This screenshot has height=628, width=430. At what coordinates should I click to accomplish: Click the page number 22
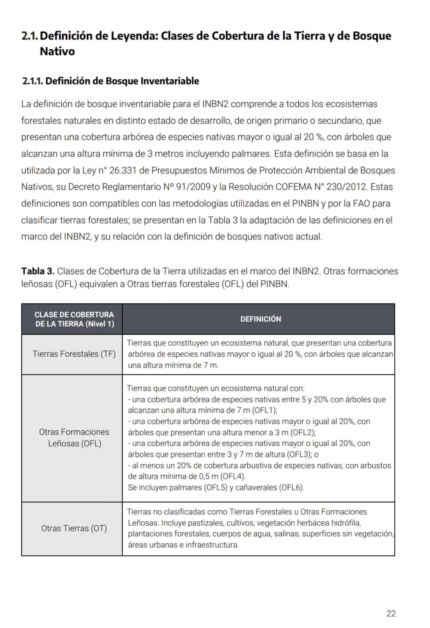tap(391, 613)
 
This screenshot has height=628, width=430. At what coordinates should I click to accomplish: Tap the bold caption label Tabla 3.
tap(38, 271)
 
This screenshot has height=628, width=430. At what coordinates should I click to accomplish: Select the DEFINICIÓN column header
tap(260, 319)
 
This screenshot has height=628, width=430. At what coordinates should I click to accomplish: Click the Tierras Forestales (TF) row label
tap(74, 354)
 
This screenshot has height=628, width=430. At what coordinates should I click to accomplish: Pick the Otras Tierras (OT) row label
tap(74, 528)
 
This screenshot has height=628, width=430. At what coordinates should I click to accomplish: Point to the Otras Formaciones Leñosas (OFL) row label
tap(74, 438)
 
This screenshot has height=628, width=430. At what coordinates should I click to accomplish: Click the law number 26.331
tap(123, 170)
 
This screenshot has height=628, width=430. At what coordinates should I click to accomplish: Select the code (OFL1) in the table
tap(265, 410)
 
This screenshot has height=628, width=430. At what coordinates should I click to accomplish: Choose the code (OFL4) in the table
tap(233, 476)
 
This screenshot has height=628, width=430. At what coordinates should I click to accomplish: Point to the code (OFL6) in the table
tap(291, 487)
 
